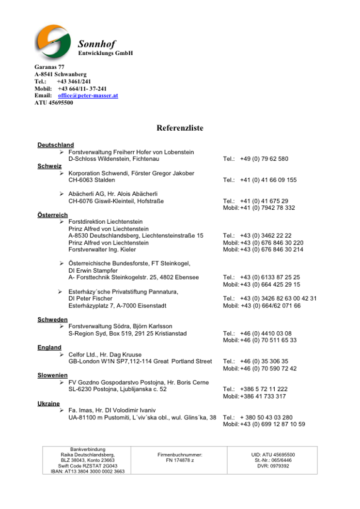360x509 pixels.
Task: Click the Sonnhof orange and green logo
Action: [x=53, y=42]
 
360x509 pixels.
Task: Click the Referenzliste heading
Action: [x=180, y=128]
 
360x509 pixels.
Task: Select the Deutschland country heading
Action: [x=56, y=145]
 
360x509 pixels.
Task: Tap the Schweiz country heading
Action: [x=49, y=166]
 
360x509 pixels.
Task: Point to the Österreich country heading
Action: [x=52, y=215]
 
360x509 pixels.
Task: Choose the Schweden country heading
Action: [x=52, y=320]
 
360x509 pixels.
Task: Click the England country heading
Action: [x=49, y=347]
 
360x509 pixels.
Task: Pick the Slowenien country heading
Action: [x=52, y=375]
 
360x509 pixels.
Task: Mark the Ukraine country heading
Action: [x=48, y=403]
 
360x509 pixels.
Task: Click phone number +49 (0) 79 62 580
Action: [x=264, y=159]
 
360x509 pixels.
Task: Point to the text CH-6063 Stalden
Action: [x=92, y=180]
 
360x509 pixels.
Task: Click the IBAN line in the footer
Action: [x=87, y=471]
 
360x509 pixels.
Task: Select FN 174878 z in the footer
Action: [x=179, y=461]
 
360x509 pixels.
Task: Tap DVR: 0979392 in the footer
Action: [x=273, y=466]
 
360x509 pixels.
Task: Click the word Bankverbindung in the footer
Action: [x=87, y=449]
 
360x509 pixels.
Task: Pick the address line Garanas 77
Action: [x=49, y=67]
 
